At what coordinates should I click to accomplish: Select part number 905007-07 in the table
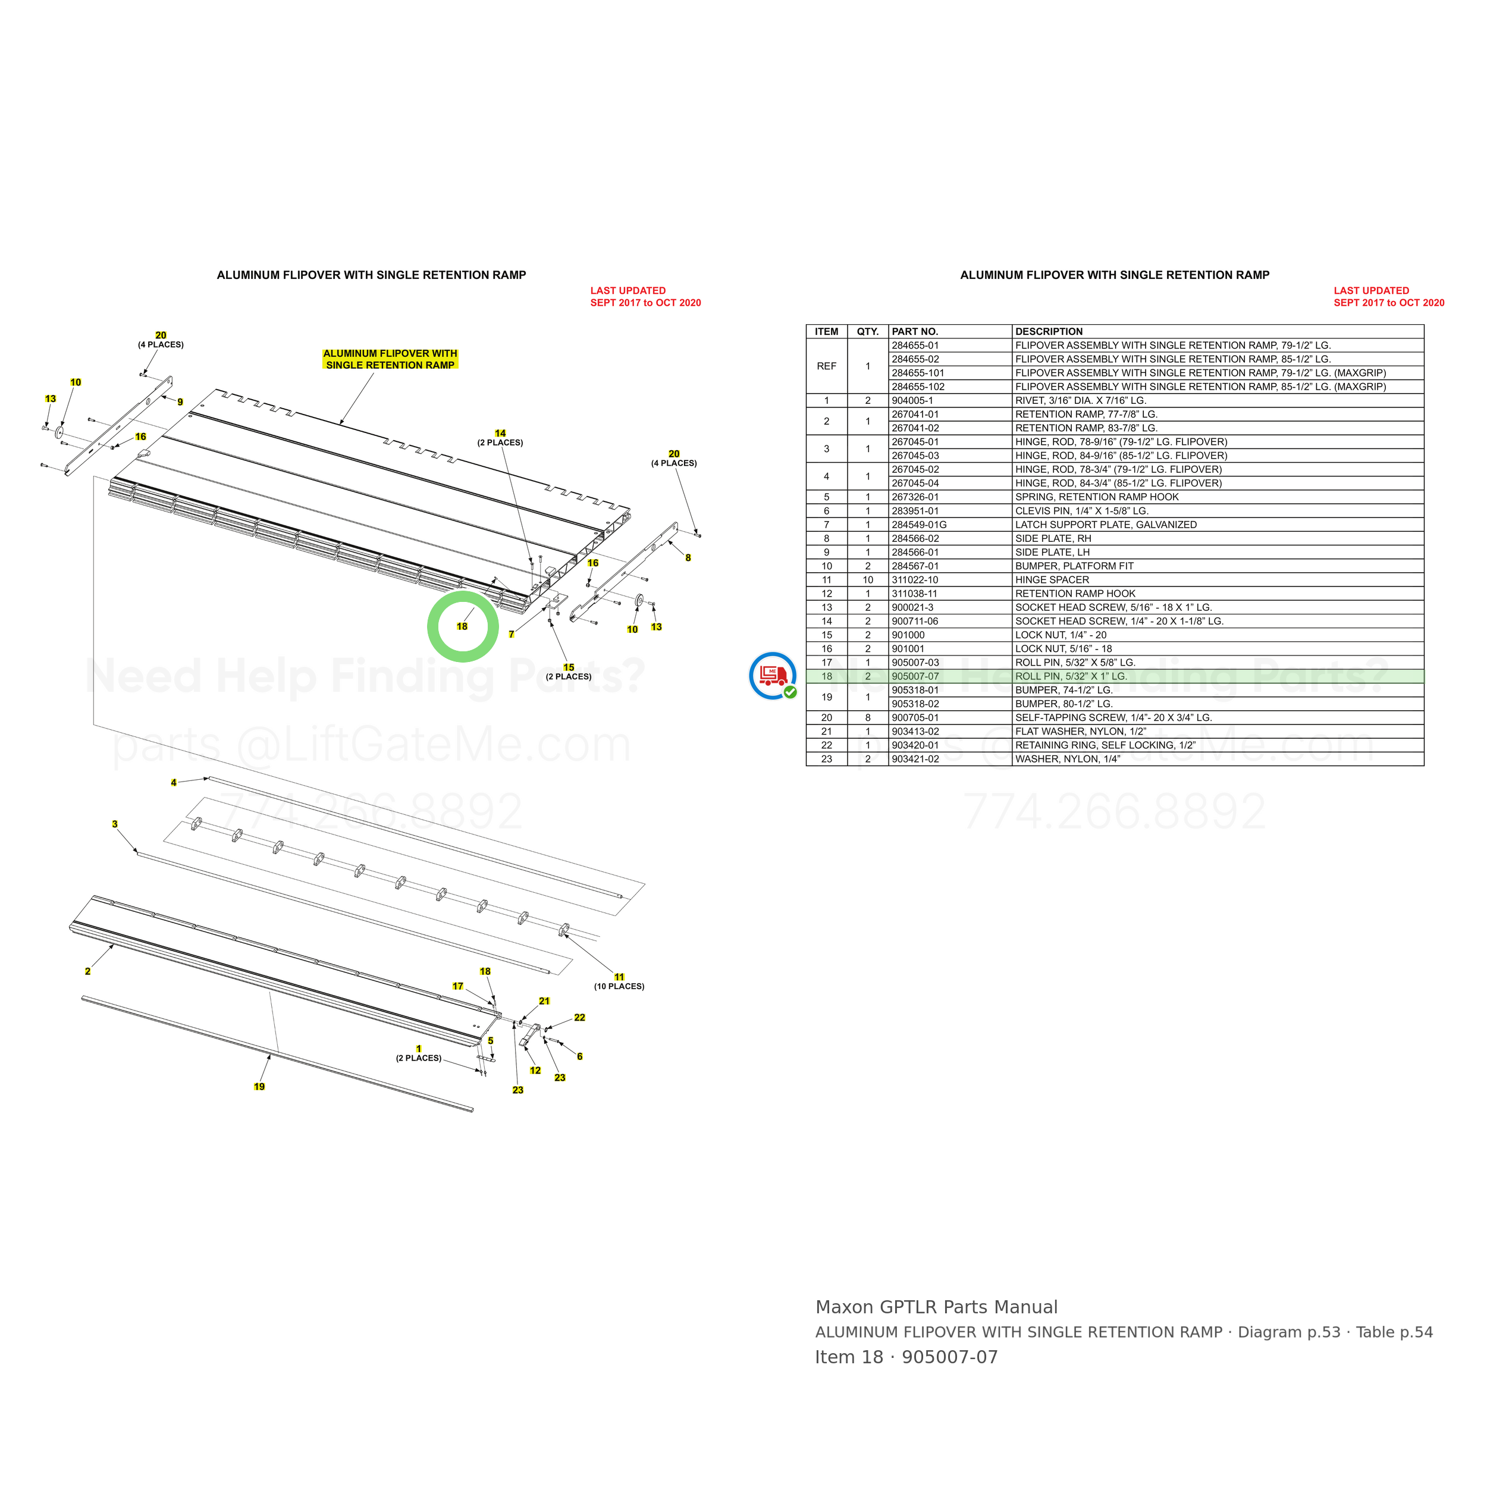(915, 676)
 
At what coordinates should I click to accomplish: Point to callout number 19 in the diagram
(259, 1087)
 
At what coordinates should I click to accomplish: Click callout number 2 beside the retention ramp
(88, 971)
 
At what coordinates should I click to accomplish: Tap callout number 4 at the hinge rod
(174, 783)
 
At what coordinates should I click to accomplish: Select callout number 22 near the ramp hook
(579, 1018)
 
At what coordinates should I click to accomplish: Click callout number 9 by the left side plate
(180, 401)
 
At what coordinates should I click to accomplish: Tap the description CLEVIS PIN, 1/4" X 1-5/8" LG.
(1081, 511)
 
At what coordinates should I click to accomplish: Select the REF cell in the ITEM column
(827, 366)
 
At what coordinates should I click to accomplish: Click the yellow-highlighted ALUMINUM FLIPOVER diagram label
(390, 359)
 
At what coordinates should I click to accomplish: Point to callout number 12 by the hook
(536, 1071)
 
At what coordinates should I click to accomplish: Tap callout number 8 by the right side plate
(688, 558)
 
